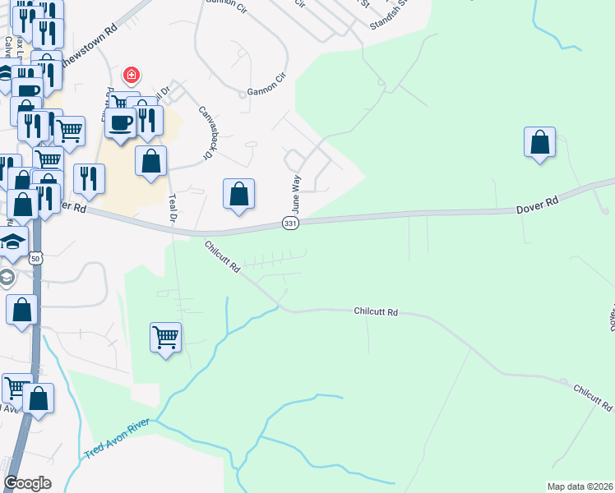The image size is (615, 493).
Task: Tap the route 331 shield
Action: click(x=290, y=223)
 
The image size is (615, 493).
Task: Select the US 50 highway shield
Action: click(x=35, y=258)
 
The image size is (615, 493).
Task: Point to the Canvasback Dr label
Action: click(x=206, y=131)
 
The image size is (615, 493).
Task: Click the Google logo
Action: click(x=28, y=482)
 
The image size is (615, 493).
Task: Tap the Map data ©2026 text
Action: click(x=580, y=486)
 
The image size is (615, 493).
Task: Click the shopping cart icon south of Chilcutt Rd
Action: click(x=166, y=337)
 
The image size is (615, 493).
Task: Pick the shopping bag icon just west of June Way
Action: click(x=238, y=195)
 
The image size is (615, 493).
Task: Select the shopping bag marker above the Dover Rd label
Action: click(x=539, y=142)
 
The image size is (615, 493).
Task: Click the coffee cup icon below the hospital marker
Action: click(x=120, y=123)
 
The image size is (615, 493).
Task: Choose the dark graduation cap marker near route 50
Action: click(x=13, y=242)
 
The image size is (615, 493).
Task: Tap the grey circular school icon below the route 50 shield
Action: click(x=6, y=277)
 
